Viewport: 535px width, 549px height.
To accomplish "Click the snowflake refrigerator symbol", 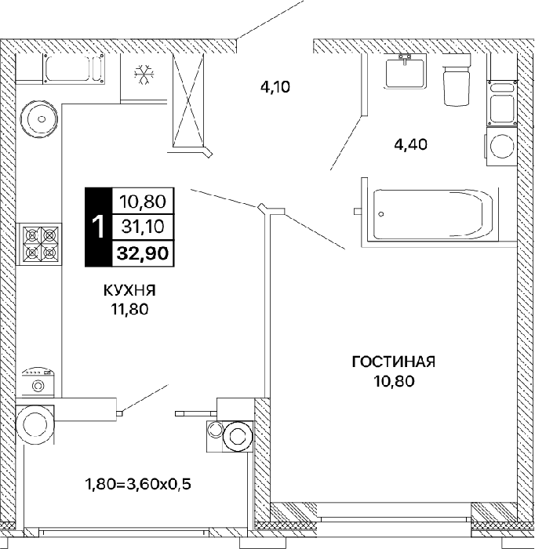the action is [144, 75].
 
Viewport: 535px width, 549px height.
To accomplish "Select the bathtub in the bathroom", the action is [433, 214].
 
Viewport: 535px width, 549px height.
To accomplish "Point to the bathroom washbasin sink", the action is [405, 72].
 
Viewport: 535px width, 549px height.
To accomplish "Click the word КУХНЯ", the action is [129, 290].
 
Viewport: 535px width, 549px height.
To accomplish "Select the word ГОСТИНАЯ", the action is [394, 362].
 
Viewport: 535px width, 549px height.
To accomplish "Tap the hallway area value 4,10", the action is [275, 86].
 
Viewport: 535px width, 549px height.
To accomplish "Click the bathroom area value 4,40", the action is [411, 144].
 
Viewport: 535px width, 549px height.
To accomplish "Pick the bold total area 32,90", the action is [143, 253].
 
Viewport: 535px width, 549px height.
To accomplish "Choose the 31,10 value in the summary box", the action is [143, 227].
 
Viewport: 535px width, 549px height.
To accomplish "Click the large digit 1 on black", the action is [98, 227].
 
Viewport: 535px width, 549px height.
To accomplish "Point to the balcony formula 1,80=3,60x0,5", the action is [138, 484].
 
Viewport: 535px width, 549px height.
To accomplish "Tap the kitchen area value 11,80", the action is [129, 309].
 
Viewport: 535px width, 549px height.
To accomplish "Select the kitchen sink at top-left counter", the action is [75, 68].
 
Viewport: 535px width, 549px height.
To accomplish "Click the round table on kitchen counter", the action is [39, 119].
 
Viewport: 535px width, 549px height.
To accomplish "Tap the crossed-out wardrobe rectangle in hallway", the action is [188, 100].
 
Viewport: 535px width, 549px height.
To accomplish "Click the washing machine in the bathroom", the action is [502, 146].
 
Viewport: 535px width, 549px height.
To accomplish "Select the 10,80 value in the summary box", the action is [143, 202].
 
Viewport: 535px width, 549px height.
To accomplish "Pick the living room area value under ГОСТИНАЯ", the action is [394, 380].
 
